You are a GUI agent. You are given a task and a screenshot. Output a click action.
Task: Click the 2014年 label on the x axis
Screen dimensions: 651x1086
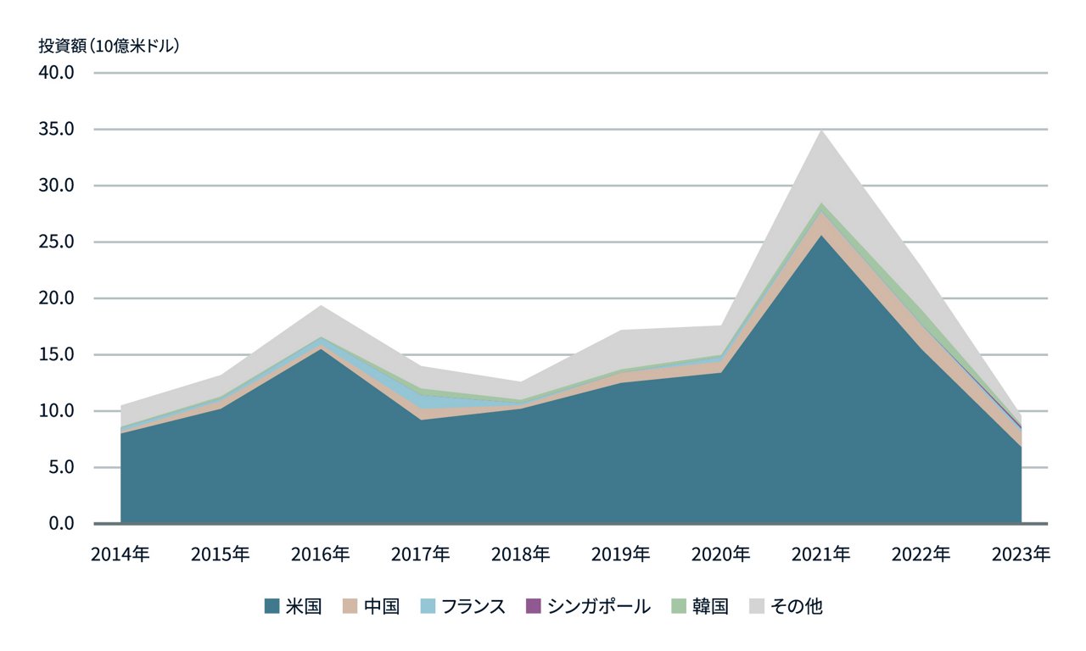[120, 554]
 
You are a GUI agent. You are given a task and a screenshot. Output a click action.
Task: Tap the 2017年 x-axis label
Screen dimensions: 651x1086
[420, 554]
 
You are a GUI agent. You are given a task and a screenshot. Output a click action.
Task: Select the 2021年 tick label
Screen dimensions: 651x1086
[820, 554]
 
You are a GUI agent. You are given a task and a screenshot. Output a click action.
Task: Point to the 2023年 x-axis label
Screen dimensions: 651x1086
[1021, 554]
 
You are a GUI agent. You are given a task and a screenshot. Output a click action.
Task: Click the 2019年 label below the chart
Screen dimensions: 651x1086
[620, 554]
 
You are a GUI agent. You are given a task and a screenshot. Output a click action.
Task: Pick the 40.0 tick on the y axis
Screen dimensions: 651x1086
[58, 73]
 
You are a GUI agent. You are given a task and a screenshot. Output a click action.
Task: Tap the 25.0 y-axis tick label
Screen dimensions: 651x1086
[58, 242]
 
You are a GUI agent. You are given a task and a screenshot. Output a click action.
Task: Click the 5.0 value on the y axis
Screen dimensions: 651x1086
[62, 467]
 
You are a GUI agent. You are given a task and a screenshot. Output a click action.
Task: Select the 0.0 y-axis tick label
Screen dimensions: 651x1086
[62, 524]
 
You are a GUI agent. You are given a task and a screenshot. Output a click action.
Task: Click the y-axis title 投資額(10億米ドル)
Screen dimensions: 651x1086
[109, 46]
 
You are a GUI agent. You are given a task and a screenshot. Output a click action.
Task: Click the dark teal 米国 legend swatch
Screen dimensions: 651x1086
[271, 606]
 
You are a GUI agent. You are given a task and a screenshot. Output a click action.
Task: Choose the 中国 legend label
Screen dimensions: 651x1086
[381, 606]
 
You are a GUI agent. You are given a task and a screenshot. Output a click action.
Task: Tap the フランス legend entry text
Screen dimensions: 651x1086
[473, 606]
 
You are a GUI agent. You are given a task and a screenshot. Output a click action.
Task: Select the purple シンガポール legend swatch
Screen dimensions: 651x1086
[533, 606]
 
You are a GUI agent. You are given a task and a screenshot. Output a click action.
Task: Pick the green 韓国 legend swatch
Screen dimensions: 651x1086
[678, 606]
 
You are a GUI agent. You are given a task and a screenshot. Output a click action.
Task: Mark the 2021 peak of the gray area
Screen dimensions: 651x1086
[820, 131]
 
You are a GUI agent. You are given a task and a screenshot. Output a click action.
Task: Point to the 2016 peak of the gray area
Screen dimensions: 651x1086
[320, 306]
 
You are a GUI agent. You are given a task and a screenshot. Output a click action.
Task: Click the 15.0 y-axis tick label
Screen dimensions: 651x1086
[58, 354]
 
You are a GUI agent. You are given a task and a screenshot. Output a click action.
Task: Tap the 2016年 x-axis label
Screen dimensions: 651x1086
[320, 554]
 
